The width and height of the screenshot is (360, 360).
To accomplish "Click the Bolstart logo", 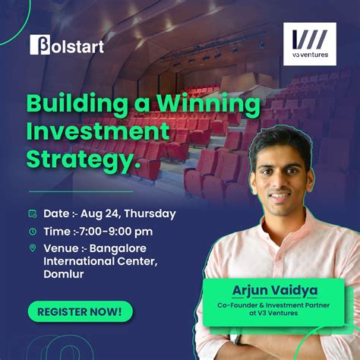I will click(x=67, y=45).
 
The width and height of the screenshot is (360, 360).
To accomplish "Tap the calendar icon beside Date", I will click(x=33, y=213).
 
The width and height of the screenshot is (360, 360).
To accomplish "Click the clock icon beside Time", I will click(x=33, y=231).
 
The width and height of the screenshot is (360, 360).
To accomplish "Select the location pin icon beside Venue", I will click(x=33, y=248).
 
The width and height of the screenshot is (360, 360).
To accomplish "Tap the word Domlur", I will click(x=64, y=274).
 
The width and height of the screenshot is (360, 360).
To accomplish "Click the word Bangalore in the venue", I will click(x=125, y=248).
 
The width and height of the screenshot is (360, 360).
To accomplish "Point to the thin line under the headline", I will click(x=80, y=191).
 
